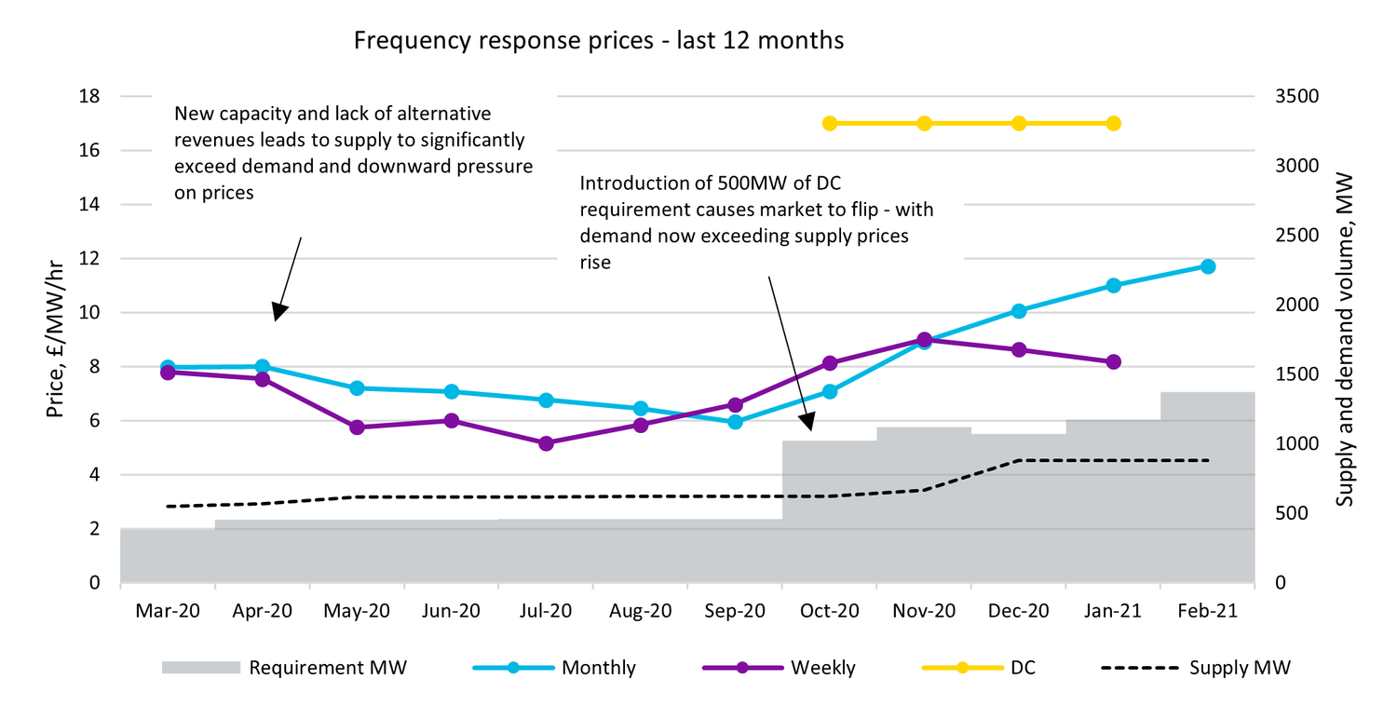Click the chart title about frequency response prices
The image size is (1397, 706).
click(598, 41)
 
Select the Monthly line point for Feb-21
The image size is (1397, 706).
click(1208, 266)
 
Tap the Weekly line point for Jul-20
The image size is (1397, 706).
click(546, 443)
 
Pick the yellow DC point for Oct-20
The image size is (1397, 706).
click(830, 124)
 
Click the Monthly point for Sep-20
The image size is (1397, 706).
click(735, 422)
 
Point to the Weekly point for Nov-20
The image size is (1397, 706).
click(924, 340)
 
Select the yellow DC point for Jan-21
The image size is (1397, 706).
click(1113, 124)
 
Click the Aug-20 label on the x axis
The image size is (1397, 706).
click(640, 612)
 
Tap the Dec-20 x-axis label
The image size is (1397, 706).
click(1018, 612)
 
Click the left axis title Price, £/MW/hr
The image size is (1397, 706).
click(58, 339)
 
